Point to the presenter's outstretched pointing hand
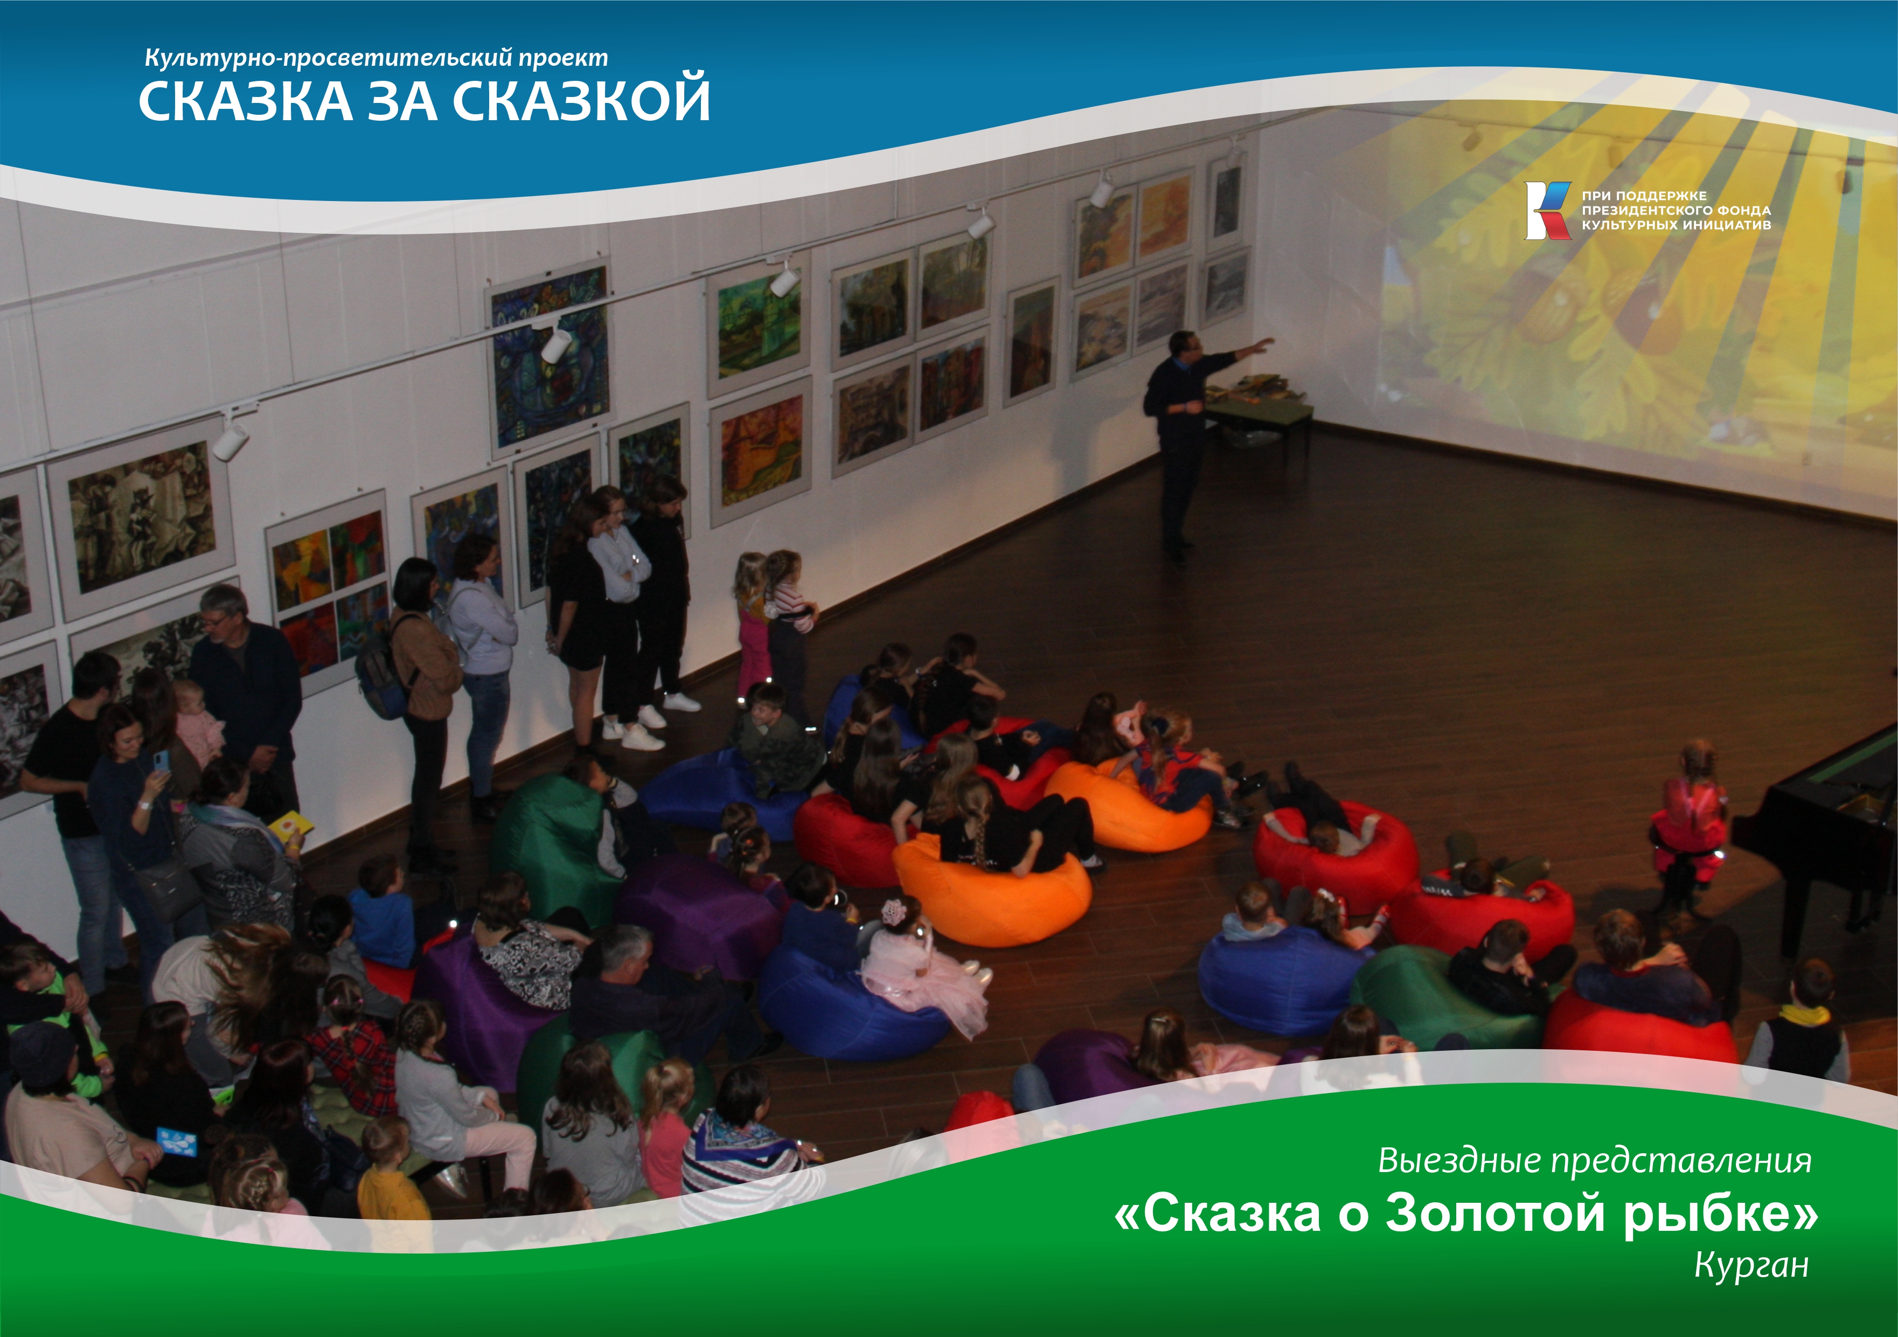point(1265,342)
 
